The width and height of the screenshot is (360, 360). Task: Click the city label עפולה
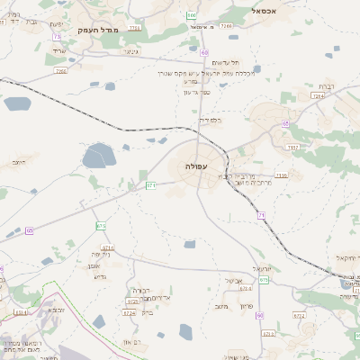click(x=195, y=166)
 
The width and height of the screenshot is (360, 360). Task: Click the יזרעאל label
click(x=262, y=268)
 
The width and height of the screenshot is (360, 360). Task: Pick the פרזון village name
click(x=246, y=307)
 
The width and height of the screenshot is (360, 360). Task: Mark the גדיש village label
click(x=100, y=276)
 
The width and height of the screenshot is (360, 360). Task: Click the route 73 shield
click(x=57, y=37)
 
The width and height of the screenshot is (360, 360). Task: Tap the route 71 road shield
click(x=260, y=215)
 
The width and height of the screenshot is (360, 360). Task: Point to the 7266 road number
click(x=226, y=27)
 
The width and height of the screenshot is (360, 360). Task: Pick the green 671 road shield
click(x=150, y=185)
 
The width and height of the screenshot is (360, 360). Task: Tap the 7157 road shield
click(x=292, y=146)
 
